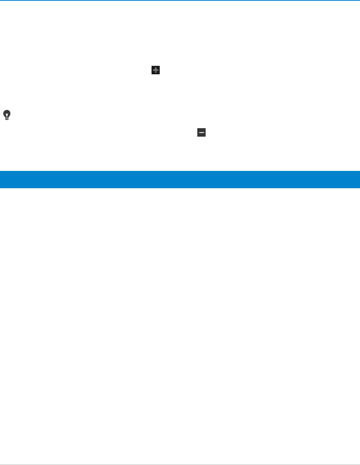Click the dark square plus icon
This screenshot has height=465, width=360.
pos(156,70)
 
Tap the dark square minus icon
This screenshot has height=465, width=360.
pos(202,132)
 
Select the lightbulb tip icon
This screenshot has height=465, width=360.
pos(7,115)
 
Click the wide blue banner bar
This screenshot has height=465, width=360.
pos(180,179)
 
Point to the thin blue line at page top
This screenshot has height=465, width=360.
pos(180,0)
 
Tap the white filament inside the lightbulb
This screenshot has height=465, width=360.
pos(7,114)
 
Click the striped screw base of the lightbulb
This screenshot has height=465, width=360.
pos(7,119)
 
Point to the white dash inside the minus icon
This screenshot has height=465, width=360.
pos(202,132)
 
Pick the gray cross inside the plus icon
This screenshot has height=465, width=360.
pos(156,70)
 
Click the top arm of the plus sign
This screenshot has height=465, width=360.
pos(156,68)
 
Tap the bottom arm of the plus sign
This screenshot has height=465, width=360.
pos(156,72)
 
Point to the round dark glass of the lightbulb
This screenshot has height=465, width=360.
pos(7,113)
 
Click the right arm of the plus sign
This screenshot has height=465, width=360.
pos(158,70)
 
